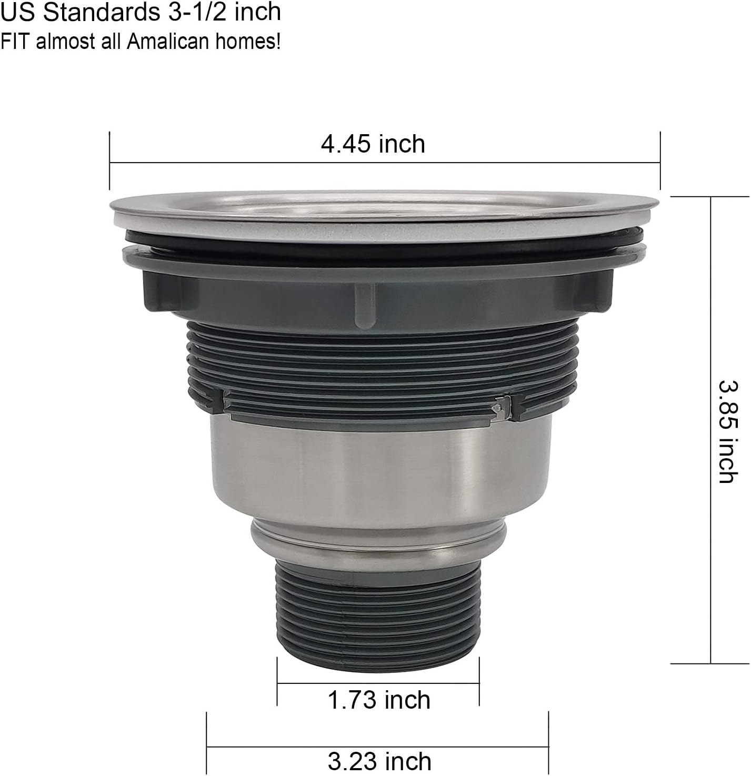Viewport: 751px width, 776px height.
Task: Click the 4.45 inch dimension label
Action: [373, 144]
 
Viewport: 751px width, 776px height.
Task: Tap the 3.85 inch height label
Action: [729, 431]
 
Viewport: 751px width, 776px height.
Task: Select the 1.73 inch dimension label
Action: [378, 700]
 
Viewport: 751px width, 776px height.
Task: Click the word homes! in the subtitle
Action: [247, 41]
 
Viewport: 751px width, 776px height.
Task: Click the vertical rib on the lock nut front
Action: [365, 304]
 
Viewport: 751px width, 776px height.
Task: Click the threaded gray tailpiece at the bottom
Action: [378, 610]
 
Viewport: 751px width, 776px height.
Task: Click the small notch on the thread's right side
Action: [501, 407]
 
